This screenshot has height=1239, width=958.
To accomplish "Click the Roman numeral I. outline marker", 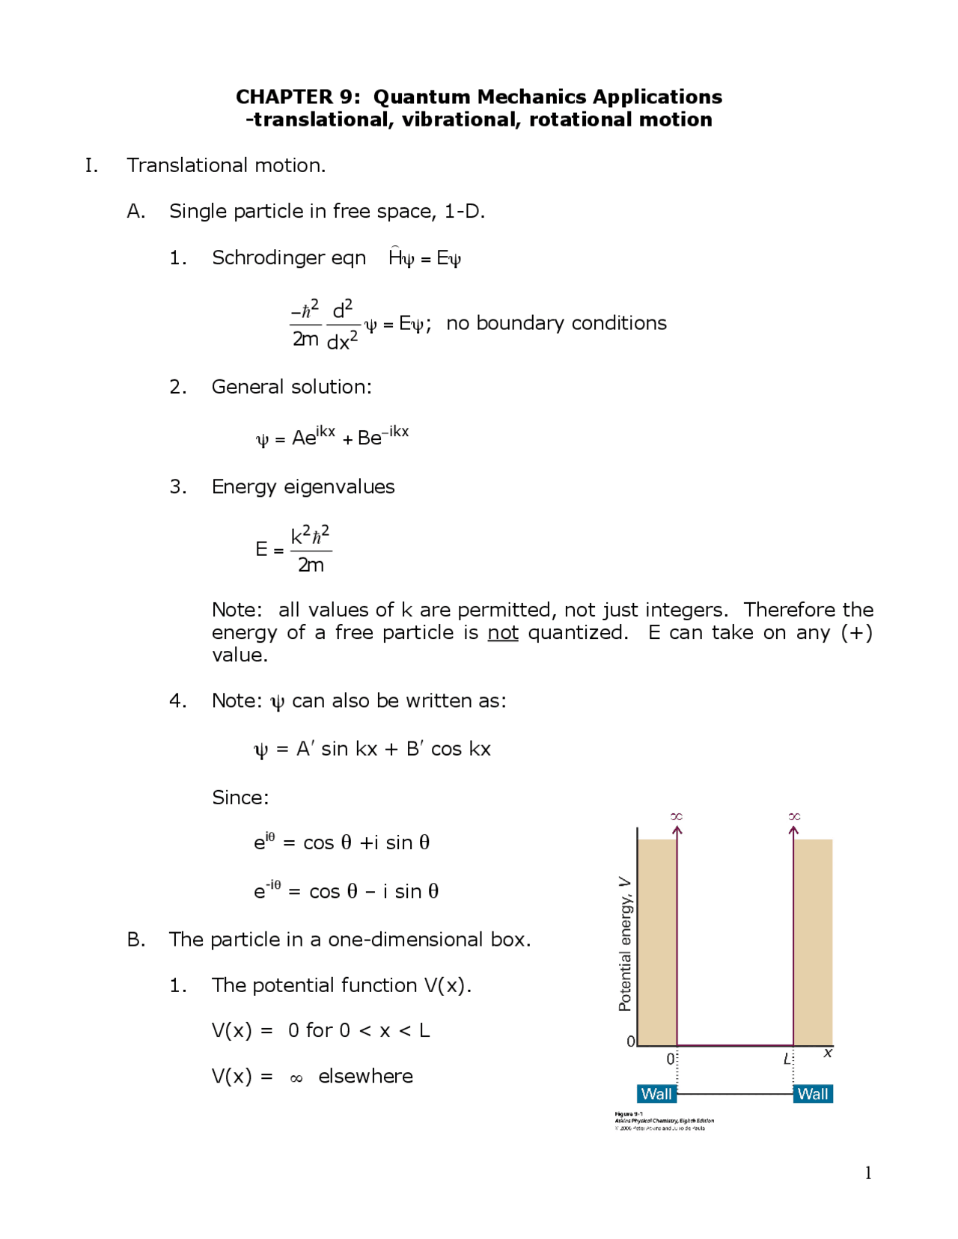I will (x=91, y=165).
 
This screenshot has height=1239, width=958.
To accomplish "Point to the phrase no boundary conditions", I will (x=556, y=323).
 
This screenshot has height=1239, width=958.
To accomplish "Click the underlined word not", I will (x=502, y=633).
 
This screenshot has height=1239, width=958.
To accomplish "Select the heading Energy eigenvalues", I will (x=303, y=487).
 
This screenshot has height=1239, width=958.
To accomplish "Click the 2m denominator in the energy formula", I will (x=311, y=566).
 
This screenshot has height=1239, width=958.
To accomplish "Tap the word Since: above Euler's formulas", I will (x=240, y=798).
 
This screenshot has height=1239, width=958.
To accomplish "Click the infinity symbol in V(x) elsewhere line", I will (x=296, y=1078).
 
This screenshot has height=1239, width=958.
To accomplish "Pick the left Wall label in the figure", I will (x=656, y=1094).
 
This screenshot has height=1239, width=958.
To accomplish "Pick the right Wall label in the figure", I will (x=812, y=1094).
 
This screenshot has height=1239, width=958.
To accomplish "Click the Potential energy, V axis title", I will (x=625, y=943).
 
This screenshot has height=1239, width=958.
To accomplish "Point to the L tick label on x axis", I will (x=787, y=1059).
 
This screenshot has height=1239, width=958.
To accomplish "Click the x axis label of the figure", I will (x=827, y=1053).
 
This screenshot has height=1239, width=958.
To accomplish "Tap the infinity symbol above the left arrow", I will (x=677, y=816).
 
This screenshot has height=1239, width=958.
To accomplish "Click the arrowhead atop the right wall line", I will (x=793, y=830).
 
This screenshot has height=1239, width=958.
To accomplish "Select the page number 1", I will (x=868, y=1173).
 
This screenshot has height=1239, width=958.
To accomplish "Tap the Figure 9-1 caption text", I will (x=629, y=1114).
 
